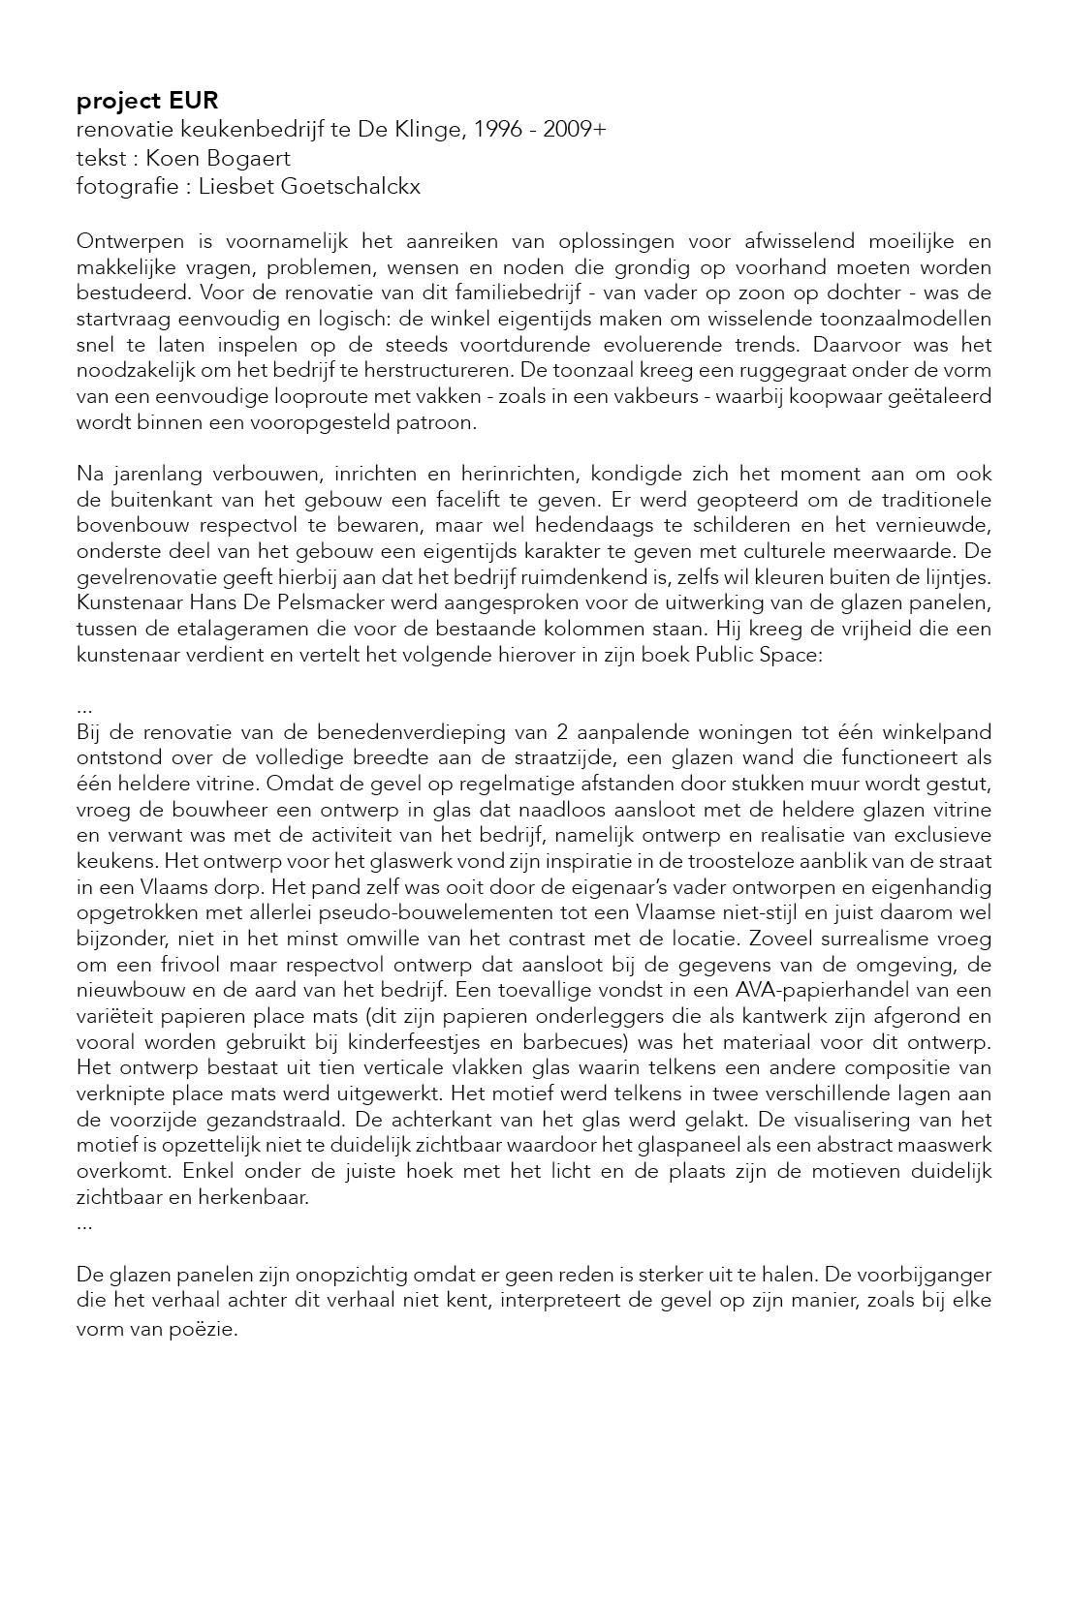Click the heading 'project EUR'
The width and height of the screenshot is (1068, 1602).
tap(147, 101)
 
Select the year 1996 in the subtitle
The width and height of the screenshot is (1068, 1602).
tap(499, 130)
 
